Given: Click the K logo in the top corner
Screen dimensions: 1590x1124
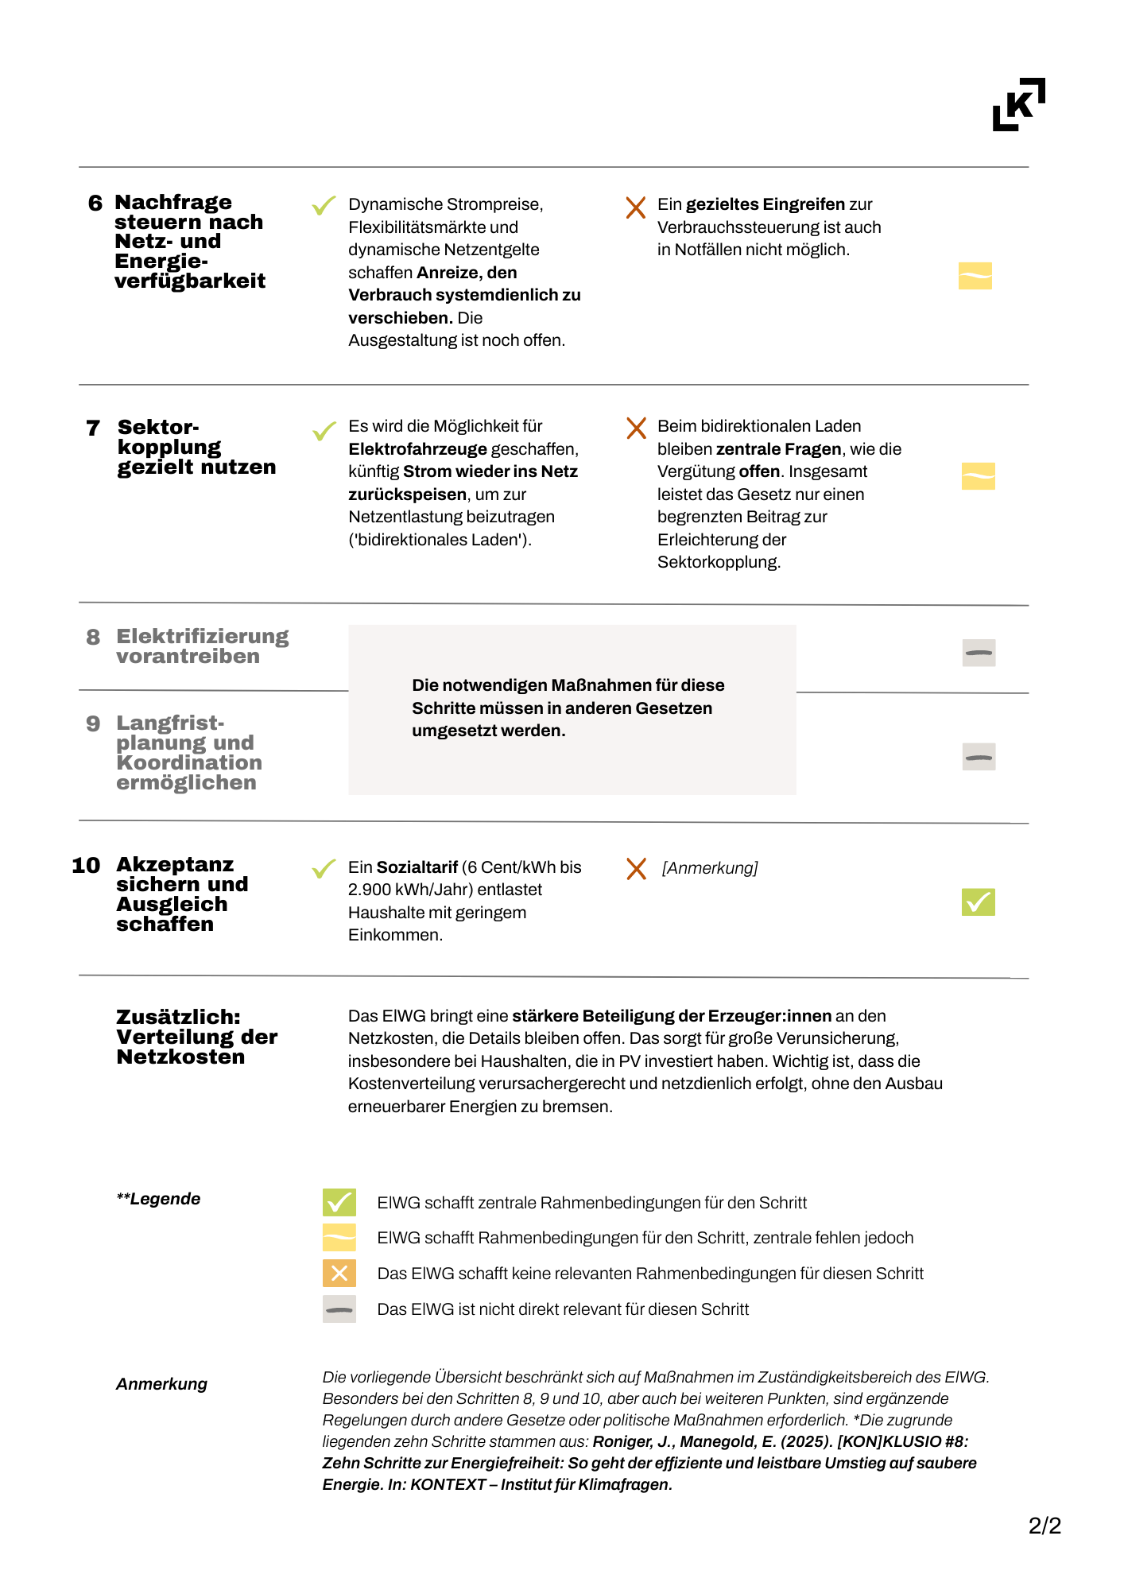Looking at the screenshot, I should pyautogui.click(x=1018, y=104).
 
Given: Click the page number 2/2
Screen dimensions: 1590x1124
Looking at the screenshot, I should pyautogui.click(x=1045, y=1526).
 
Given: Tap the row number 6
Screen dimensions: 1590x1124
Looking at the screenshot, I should pyautogui.click(x=95, y=204).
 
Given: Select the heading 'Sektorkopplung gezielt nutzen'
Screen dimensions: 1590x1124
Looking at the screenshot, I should pyautogui.click(x=196, y=447).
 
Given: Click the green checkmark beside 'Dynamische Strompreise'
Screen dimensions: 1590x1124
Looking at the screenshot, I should pyautogui.click(x=324, y=207).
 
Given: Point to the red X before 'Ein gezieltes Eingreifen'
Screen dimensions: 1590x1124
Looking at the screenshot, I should pyautogui.click(x=635, y=207).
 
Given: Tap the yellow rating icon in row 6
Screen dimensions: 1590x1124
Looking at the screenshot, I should pyautogui.click(x=975, y=276).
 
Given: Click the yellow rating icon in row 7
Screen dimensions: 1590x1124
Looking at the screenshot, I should pyautogui.click(x=978, y=476).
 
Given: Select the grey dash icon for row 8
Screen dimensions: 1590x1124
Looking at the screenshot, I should pyautogui.click(x=979, y=653).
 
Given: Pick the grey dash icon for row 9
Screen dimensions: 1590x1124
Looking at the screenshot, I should pyautogui.click(x=979, y=757).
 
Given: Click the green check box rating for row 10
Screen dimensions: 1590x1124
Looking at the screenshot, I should pyautogui.click(x=978, y=902).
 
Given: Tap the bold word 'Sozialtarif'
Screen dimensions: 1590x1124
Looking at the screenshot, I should pyautogui.click(x=417, y=867).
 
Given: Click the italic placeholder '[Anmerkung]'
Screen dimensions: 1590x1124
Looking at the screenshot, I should pyautogui.click(x=709, y=868).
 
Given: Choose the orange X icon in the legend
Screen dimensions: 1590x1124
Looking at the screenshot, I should pyautogui.click(x=339, y=1273).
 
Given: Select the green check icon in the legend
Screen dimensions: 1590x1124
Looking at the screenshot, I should pyautogui.click(x=339, y=1202).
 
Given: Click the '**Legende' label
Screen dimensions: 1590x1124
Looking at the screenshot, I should pyautogui.click(x=158, y=1199).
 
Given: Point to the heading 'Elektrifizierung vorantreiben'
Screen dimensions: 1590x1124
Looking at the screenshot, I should pyautogui.click(x=202, y=646).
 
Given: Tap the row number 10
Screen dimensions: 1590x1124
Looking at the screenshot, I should pyautogui.click(x=86, y=866).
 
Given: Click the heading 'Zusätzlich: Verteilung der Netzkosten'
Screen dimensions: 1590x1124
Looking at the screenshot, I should pyautogui.click(x=196, y=1037).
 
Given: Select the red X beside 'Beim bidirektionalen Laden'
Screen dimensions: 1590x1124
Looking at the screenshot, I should pyautogui.click(x=636, y=429).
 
